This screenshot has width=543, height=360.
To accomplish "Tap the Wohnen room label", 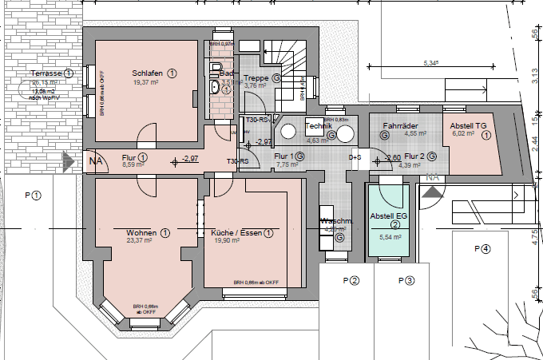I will point(141,233).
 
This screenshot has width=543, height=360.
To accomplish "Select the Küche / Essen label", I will point(238,233).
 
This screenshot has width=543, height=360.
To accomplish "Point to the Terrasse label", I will point(47,73).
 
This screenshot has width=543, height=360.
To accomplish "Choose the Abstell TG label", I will point(468,126).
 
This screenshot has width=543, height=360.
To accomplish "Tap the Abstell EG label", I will point(389,216).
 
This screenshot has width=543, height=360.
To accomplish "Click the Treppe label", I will point(256,78).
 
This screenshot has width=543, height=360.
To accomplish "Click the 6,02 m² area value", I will point(463,134).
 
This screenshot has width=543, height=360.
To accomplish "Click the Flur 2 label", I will point(414,156).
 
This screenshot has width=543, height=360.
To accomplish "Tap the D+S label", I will point(355,157).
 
